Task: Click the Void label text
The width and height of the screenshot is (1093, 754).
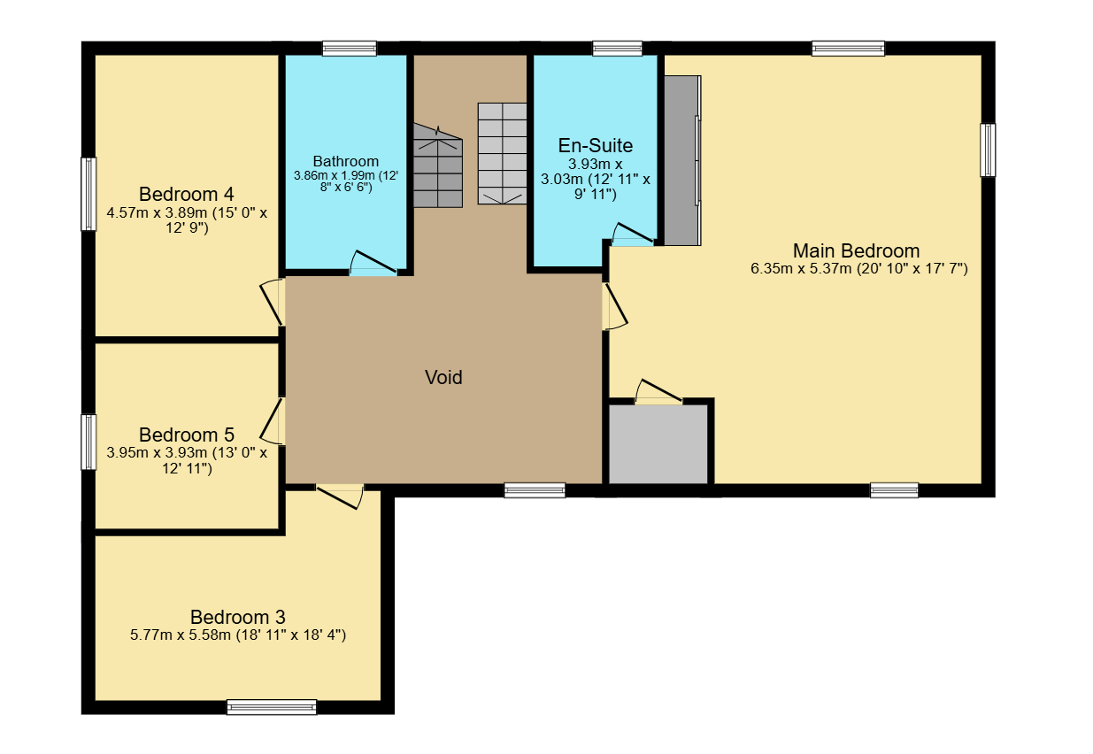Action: [x=443, y=377]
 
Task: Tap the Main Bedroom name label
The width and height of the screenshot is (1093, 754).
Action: [x=856, y=250]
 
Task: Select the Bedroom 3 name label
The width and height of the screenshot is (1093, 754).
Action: [x=238, y=618]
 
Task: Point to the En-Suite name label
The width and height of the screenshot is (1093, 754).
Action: [x=596, y=145]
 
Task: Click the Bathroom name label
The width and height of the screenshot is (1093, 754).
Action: [x=346, y=161]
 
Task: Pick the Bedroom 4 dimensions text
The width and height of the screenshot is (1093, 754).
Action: [x=187, y=220]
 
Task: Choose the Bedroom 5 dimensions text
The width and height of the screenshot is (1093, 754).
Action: [x=187, y=460]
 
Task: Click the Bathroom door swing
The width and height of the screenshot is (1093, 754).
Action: [x=373, y=263]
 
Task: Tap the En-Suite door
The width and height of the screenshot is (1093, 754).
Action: [x=633, y=235]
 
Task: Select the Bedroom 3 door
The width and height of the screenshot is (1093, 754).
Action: [x=340, y=497]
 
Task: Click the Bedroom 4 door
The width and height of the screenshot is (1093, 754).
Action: [x=272, y=302]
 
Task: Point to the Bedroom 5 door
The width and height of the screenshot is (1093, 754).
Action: [x=272, y=421]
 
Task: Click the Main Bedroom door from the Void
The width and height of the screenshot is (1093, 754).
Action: [x=615, y=306]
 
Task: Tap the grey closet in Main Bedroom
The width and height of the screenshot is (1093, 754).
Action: [x=658, y=444]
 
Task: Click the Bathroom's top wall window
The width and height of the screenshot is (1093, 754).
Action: [x=350, y=49]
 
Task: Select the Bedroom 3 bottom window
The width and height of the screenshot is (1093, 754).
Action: [x=272, y=707]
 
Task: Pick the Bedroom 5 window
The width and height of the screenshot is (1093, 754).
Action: [x=89, y=442]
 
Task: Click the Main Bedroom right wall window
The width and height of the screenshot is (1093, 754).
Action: [x=988, y=150]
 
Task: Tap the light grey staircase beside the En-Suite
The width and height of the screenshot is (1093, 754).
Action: [x=502, y=153]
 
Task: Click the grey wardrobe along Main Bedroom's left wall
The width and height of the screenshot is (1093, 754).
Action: [x=682, y=160]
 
